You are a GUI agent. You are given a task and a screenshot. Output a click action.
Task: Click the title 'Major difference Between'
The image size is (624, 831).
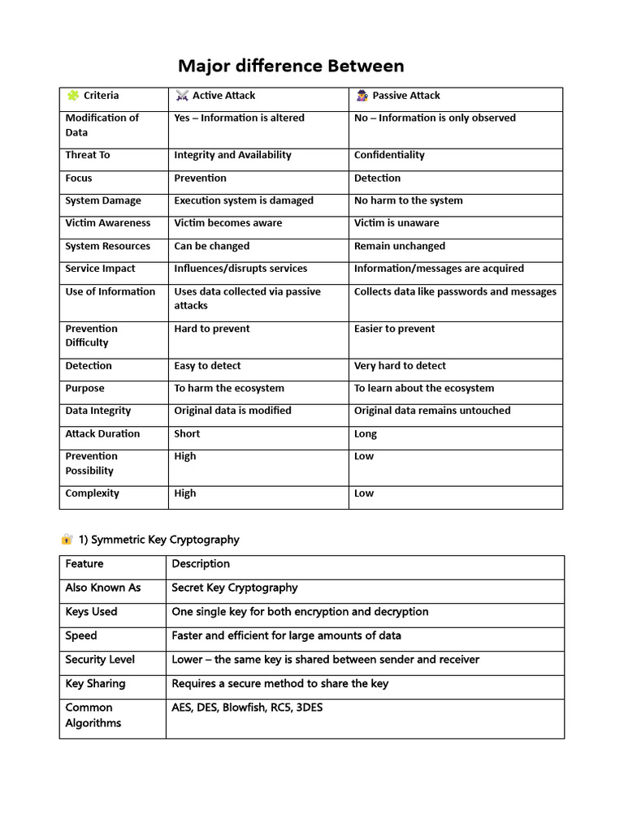(291, 66)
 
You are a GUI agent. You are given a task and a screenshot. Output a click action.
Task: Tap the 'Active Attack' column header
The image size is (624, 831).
(223, 96)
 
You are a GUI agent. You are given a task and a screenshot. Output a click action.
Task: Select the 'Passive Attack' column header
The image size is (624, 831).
(405, 96)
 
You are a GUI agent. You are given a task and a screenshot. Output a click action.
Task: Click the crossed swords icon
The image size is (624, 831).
(181, 96)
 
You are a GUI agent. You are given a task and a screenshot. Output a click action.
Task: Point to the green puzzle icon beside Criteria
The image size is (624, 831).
(72, 96)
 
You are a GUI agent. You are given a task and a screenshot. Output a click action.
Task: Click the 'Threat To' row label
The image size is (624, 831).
(88, 155)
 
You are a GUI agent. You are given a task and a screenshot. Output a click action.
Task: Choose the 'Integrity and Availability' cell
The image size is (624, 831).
(232, 155)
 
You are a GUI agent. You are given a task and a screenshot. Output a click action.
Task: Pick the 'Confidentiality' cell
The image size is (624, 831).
(389, 155)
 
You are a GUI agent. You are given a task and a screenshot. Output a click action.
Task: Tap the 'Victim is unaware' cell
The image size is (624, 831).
(396, 223)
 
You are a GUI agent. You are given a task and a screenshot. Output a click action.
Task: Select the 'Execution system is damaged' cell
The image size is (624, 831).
(244, 200)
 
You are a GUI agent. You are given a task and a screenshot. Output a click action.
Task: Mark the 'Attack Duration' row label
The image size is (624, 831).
(102, 434)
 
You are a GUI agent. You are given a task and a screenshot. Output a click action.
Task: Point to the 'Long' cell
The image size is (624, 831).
(366, 434)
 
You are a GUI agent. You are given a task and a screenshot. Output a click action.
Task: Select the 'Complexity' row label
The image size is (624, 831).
(92, 493)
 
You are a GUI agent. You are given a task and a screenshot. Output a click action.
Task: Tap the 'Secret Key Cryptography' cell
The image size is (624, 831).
(235, 588)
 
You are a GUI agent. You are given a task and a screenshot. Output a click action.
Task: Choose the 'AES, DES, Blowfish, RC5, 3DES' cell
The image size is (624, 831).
(247, 708)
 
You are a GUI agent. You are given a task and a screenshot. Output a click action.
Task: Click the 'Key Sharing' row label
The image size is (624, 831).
(95, 683)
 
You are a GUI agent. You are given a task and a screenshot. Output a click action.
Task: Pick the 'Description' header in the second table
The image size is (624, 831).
(201, 564)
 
